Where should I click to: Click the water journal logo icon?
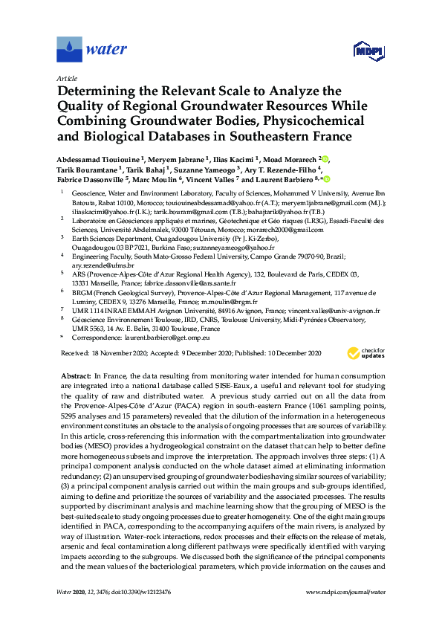pos(69,50)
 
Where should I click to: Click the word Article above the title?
pos(65,77)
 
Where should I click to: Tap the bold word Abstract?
pos(74,378)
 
